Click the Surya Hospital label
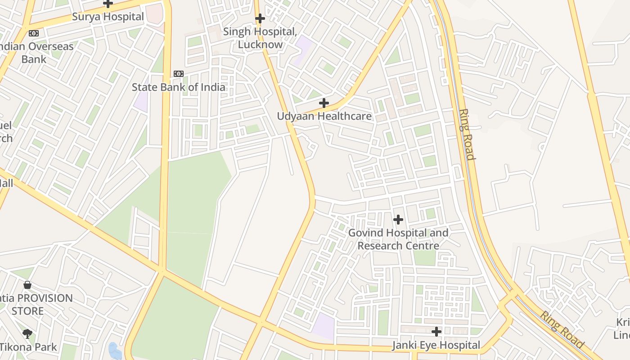coord(108,17)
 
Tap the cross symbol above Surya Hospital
coord(108,4)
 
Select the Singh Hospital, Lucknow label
coord(260,38)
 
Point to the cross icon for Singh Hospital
coord(260,18)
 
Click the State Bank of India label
coord(179,87)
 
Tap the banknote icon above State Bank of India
coord(179,74)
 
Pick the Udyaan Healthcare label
coord(324,117)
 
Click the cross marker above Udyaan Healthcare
coord(324,103)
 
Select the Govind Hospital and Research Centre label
coord(398,239)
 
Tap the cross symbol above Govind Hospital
coord(398,220)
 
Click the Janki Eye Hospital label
coord(436,346)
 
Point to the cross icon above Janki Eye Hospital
coord(436,332)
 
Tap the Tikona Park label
coord(28,347)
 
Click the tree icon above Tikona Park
coord(27,333)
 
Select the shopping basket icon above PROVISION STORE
coord(27,285)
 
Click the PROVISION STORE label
coord(36,305)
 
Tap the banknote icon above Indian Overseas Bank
coord(34,33)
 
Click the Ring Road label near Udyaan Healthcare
coord(467,134)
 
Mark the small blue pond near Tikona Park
coord(115,351)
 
